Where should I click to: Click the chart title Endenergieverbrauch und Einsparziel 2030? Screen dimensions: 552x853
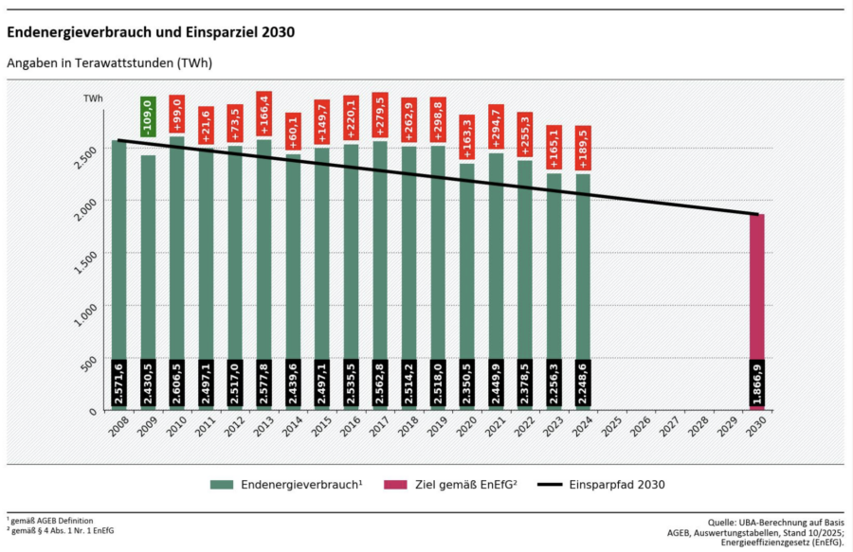point(151,31)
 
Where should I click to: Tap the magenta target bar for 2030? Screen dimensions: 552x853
point(756,284)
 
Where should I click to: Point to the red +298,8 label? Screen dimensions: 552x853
point(438,118)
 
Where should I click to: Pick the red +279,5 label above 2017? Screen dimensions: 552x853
point(380,116)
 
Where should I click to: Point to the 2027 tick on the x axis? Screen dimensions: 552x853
point(669,425)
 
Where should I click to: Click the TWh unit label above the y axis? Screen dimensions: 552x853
point(93,98)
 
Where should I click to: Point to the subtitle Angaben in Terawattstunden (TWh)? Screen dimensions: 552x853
point(109,63)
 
